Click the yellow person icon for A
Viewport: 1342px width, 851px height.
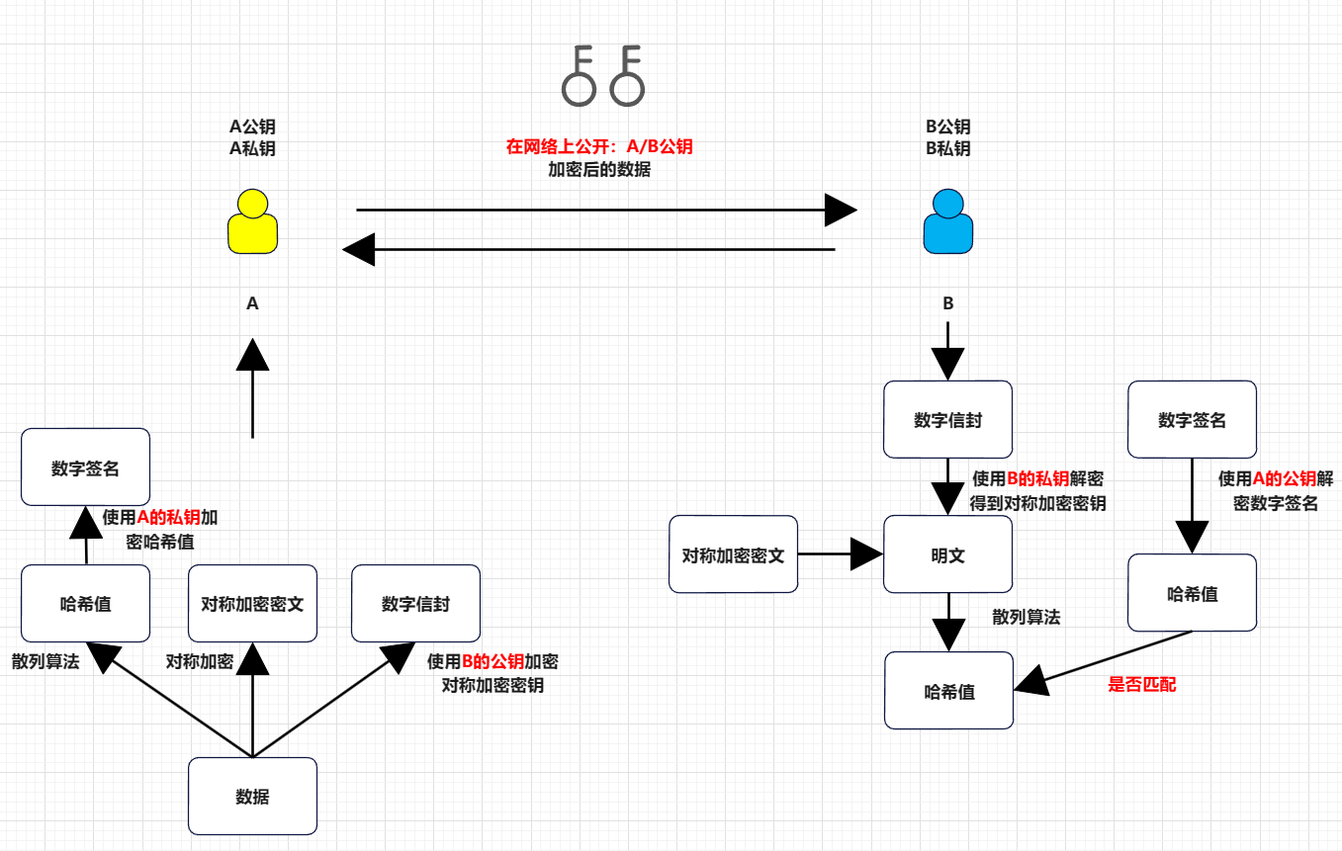[x=252, y=221]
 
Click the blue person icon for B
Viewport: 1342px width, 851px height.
[x=948, y=221]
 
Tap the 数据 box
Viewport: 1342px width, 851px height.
[x=252, y=796]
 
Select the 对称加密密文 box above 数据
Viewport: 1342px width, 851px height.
[x=252, y=603]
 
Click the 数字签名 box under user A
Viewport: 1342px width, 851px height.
[x=85, y=467]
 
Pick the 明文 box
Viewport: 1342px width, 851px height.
[x=948, y=553]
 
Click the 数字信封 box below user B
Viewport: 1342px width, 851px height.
[x=948, y=419]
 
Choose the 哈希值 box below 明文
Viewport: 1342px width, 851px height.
[x=948, y=690]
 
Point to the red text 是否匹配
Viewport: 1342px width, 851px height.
[x=1142, y=684]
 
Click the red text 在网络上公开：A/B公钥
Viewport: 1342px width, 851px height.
[x=599, y=147]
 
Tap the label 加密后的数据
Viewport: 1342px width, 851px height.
[x=599, y=169]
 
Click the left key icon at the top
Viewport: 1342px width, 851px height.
[x=579, y=76]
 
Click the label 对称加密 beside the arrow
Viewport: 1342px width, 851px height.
[x=199, y=661]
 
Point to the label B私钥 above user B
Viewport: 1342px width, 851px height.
[x=948, y=148]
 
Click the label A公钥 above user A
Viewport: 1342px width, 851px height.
[x=252, y=127]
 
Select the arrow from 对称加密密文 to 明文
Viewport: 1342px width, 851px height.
[x=841, y=553]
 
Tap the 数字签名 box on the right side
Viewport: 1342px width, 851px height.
[x=1192, y=419]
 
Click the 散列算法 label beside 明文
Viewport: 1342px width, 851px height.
[x=1027, y=617]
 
